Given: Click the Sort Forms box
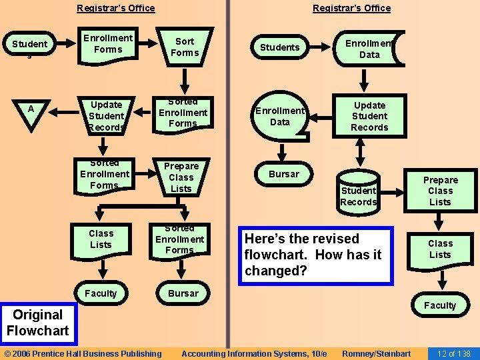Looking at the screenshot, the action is pos(185,47).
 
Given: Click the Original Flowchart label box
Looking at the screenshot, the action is pos(37,323).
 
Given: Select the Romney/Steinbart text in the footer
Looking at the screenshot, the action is pos(376,353).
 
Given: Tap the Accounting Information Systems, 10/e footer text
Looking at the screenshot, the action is pos(254,353).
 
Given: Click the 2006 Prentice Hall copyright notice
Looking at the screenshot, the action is pos(83,353).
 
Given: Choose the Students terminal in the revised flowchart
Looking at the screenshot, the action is pos(279,47).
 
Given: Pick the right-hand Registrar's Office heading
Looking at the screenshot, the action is pos(352,8).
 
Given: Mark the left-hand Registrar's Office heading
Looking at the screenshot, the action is pos(116,8).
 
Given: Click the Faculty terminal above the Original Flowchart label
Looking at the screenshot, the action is pos(101,293).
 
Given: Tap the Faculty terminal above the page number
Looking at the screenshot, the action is pos(440,305).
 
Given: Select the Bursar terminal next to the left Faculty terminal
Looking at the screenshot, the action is pos(183,293).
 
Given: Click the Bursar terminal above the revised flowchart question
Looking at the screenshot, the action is pos(284,174).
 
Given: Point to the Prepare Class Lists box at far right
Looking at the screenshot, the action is pos(440,191).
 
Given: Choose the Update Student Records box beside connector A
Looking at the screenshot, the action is pos(107,115).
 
